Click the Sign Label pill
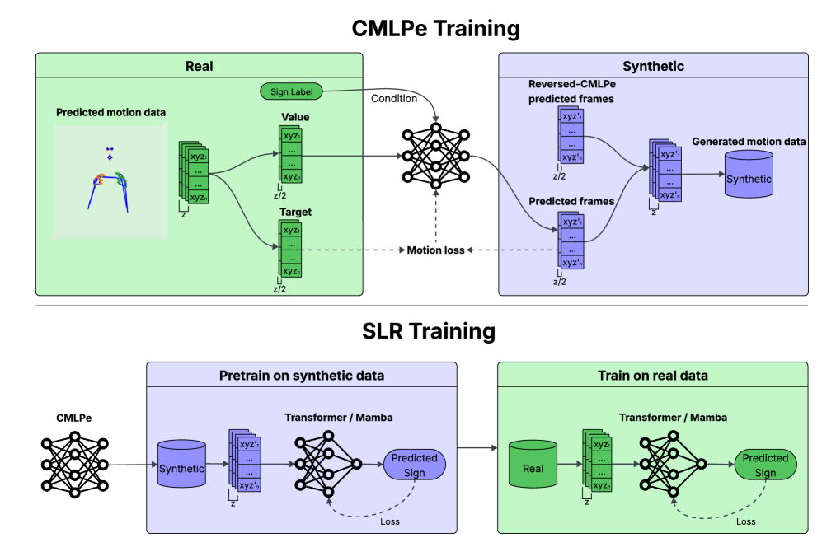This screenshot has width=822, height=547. coord(291,92)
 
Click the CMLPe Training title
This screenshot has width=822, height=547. coord(435,29)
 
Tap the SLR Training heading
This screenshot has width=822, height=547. coord(429,331)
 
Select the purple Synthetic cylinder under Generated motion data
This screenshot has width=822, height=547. coord(749,177)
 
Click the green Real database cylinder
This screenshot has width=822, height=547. coord(533,467)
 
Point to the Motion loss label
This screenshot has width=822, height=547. coord(434,250)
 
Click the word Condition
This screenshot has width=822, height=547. coord(394,98)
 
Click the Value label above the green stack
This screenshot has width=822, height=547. coord(295,118)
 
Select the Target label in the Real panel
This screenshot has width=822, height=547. coord(295,212)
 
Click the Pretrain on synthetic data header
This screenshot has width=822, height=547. coord(301,376)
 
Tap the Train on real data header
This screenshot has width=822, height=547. coord(652,376)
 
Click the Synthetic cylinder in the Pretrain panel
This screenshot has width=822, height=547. coord(181,467)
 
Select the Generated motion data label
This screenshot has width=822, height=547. coord(749,142)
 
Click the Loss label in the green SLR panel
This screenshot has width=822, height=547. coord(744,521)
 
